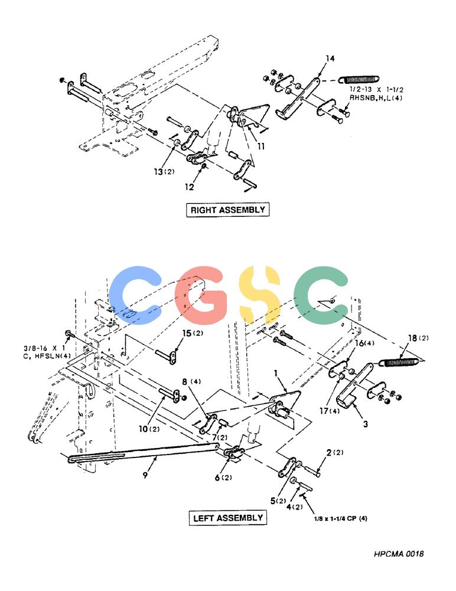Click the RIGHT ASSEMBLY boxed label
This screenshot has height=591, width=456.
click(x=227, y=210)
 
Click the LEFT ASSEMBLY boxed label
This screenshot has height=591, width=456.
click(x=227, y=518)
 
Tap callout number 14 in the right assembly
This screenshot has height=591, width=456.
click(x=330, y=59)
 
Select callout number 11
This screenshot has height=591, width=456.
click(x=261, y=146)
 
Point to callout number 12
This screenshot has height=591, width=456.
click(x=189, y=187)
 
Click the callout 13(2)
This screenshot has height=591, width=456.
click(x=164, y=171)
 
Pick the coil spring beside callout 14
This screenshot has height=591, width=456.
click(x=359, y=80)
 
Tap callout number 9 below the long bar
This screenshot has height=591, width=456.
click(x=145, y=475)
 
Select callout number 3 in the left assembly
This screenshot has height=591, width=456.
click(x=365, y=424)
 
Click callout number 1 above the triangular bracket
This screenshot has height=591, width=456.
click(x=276, y=373)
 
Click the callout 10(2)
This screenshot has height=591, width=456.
click(x=149, y=429)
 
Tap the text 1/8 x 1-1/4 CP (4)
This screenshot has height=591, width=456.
click(x=341, y=518)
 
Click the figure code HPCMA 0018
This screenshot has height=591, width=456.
click(x=399, y=554)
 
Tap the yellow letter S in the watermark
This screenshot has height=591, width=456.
click(x=260, y=295)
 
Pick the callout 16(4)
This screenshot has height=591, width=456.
click(x=364, y=343)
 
